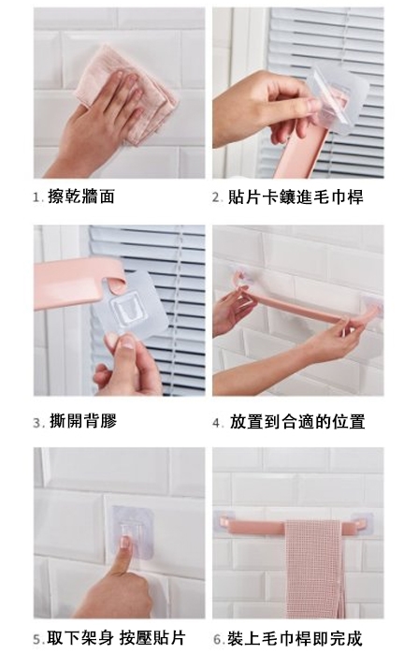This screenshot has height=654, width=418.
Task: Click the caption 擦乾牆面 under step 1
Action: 81,196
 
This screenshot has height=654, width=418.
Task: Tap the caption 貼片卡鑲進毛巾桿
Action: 295,196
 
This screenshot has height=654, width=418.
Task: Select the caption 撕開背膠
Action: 83,421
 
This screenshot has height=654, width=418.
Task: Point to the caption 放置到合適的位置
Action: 297,422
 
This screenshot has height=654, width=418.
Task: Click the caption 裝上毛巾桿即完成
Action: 295,639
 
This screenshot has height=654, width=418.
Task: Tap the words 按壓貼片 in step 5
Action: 152,638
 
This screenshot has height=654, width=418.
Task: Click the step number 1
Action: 37,197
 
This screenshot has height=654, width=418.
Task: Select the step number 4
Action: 218,423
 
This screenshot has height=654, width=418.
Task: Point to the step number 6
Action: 219,639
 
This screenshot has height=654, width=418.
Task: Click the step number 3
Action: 38,423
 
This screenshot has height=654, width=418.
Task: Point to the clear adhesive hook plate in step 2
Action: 338,98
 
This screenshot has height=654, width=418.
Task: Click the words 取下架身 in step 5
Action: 79,638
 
